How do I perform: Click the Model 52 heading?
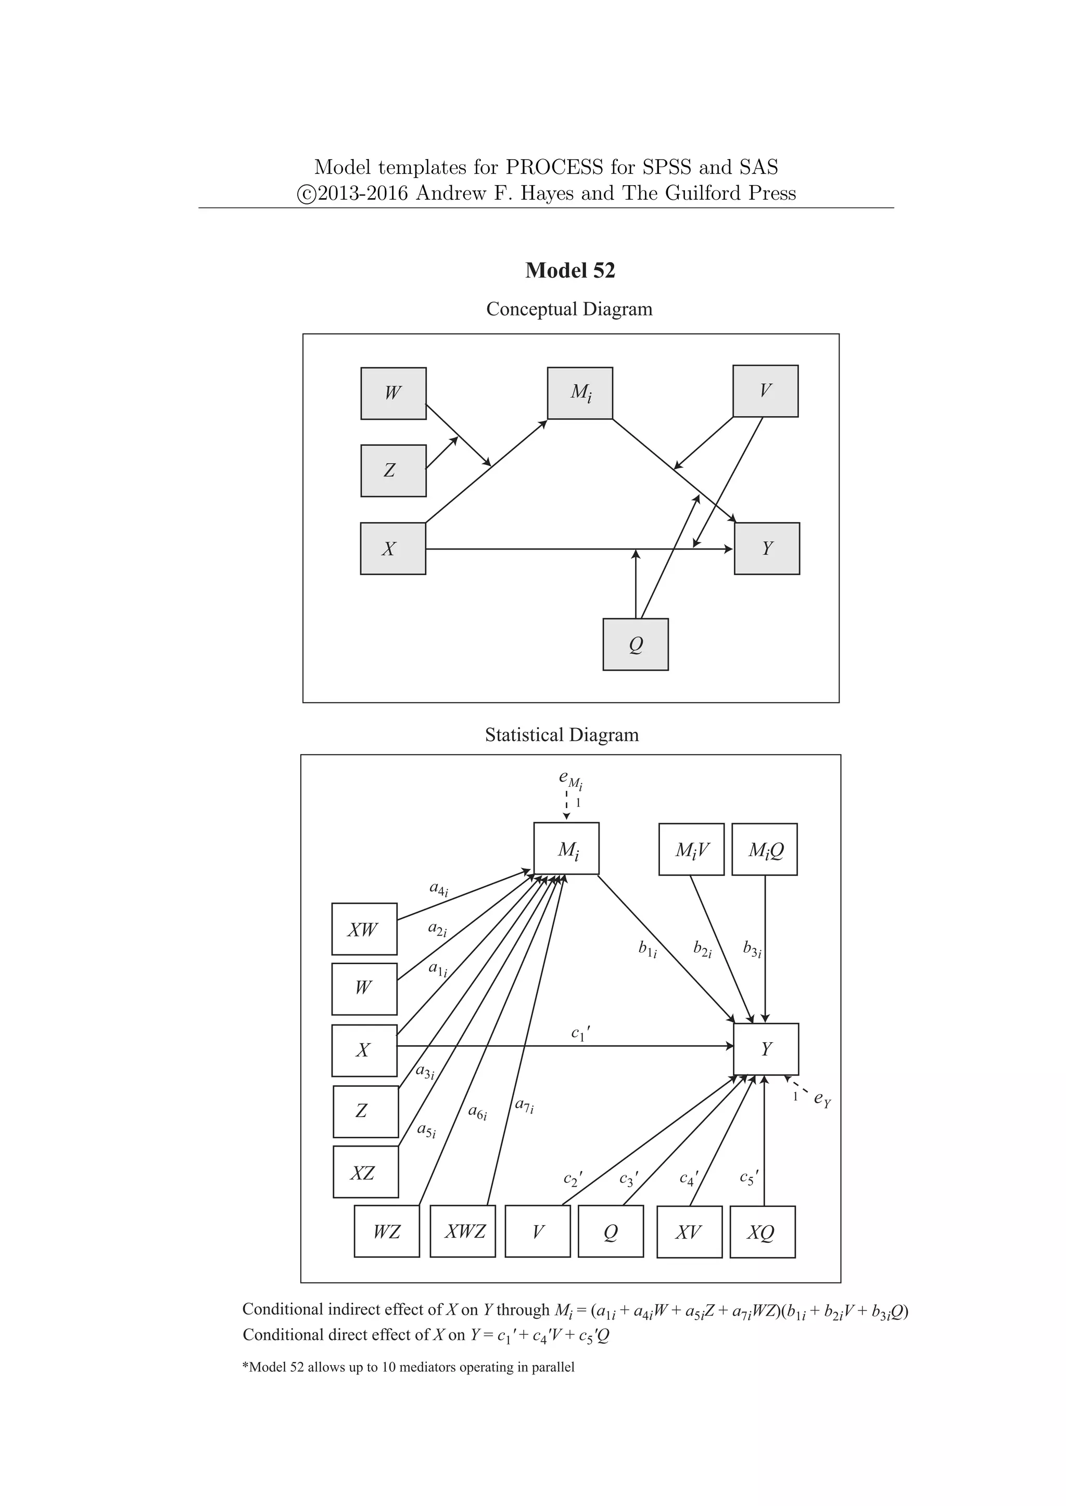[570, 270]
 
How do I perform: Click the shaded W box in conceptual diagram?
[393, 394]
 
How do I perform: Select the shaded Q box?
[636, 644]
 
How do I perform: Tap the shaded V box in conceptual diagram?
[765, 392]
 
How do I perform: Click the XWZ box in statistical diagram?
[463, 1231]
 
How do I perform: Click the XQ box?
[762, 1232]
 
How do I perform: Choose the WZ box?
[387, 1231]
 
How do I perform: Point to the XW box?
[364, 929]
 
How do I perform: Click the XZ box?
[365, 1172]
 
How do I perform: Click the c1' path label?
[580, 1034]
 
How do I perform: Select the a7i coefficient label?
[524, 1106]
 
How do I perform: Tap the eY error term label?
[822, 1099]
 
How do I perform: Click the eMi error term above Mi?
[570, 779]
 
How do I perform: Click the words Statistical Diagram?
[561, 735]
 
